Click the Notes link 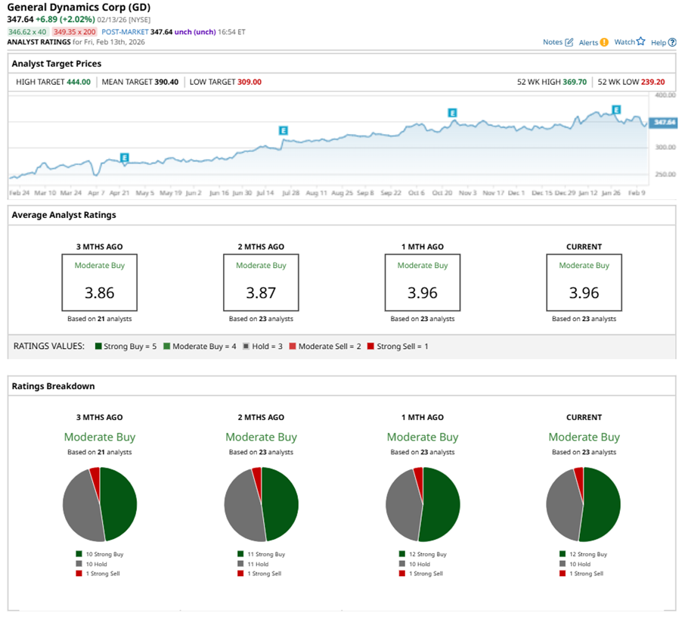click(x=558, y=42)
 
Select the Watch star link click(x=630, y=42)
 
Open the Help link click(x=663, y=42)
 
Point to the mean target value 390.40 click(x=166, y=82)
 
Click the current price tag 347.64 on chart click(x=664, y=122)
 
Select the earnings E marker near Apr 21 click(x=125, y=157)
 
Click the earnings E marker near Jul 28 click(x=284, y=130)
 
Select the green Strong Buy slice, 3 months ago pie click(x=119, y=503)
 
